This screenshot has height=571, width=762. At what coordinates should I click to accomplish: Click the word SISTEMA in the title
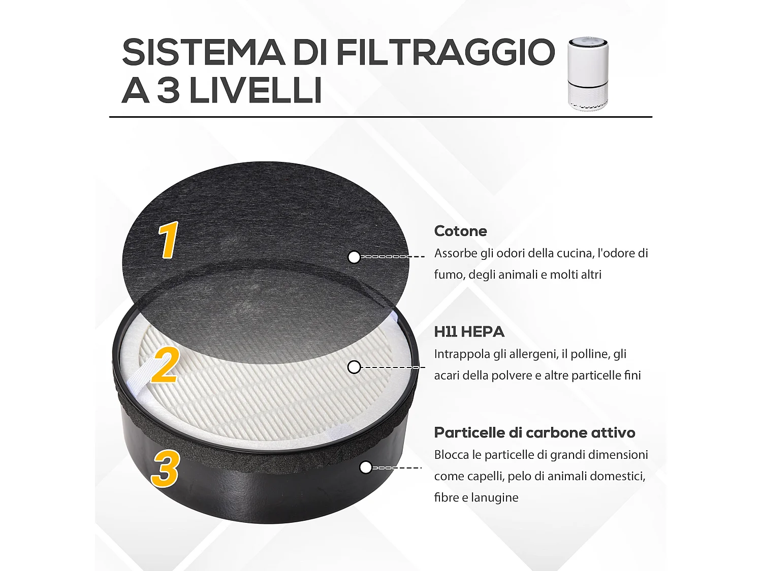pyautogui.click(x=203, y=52)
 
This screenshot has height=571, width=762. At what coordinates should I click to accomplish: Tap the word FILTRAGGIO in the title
pyautogui.click(x=446, y=52)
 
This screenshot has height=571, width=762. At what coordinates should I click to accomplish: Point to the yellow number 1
pyautogui.click(x=168, y=240)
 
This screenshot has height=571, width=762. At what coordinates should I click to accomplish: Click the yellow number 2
pyautogui.click(x=165, y=365)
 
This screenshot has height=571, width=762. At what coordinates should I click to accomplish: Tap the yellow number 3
pyautogui.click(x=166, y=468)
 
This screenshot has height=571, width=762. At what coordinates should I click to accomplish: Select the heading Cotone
pyautogui.click(x=460, y=231)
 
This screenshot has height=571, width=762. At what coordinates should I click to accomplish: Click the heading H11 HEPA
pyautogui.click(x=469, y=332)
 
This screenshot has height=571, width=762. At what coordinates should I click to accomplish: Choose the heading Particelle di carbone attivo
pyautogui.click(x=534, y=432)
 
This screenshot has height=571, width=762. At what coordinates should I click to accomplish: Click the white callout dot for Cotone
pyautogui.click(x=354, y=257)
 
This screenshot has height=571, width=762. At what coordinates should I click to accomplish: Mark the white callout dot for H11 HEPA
pyautogui.click(x=354, y=367)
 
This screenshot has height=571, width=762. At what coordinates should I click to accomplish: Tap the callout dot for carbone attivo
pyautogui.click(x=365, y=467)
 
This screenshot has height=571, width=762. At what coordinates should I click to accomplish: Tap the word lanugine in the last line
pyautogui.click(x=494, y=497)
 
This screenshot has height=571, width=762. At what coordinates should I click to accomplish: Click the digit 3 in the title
pyautogui.click(x=168, y=91)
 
